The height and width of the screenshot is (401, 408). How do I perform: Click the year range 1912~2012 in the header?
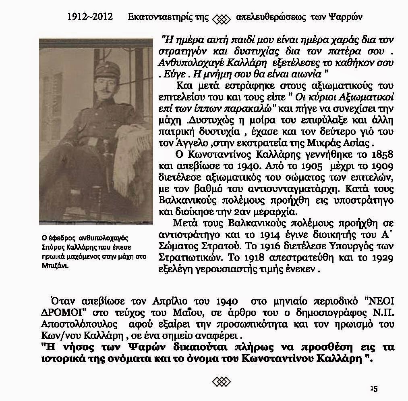[x=90, y=17]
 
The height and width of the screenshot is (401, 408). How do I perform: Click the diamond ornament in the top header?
[x=221, y=19]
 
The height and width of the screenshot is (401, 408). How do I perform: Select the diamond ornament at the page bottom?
[x=221, y=381]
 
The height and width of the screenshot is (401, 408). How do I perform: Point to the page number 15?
[x=373, y=388]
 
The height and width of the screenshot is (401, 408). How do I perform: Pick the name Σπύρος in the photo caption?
[x=52, y=247]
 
